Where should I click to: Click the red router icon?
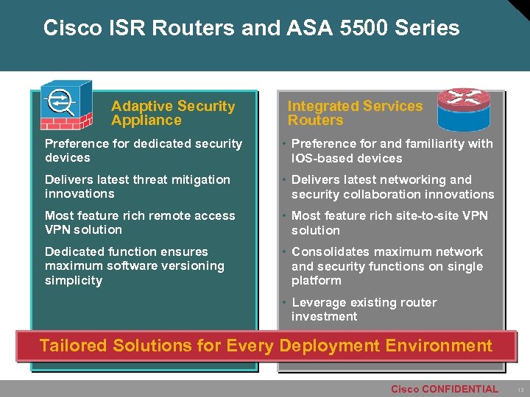point(463,110)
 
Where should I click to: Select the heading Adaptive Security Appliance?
point(172,113)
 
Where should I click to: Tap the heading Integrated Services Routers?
point(354,113)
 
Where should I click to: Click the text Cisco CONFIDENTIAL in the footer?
point(444,389)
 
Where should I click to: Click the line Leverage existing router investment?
point(364,310)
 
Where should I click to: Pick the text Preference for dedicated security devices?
point(143,151)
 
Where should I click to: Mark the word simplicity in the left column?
point(74,280)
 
